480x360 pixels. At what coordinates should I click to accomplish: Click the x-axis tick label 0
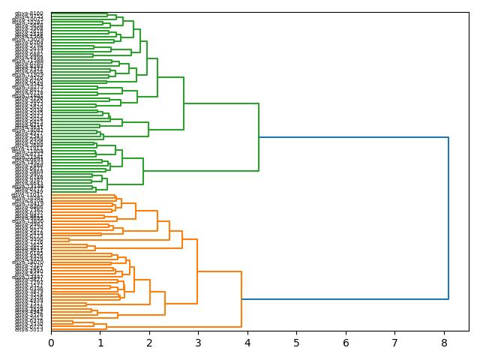click(51, 343)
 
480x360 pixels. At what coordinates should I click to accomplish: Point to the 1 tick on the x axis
click(100, 343)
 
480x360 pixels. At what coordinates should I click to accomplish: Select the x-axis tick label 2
click(149, 343)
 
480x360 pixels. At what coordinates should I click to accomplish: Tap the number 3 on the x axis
click(199, 343)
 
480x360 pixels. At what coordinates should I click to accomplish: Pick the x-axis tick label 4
click(247, 343)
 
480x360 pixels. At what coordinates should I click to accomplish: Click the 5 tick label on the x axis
click(297, 343)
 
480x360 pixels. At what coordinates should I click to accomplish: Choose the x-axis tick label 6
click(346, 343)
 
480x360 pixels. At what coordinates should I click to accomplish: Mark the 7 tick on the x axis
click(395, 343)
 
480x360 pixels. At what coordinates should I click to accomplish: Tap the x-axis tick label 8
click(444, 343)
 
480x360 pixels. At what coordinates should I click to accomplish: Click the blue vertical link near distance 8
click(448, 217)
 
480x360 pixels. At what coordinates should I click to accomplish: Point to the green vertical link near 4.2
click(259, 137)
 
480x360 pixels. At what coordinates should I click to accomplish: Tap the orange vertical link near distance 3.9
click(241, 299)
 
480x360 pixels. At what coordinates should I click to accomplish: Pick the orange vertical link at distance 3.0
click(197, 271)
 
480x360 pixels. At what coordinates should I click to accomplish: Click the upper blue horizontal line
click(352, 137)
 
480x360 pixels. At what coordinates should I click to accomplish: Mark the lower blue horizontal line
click(345, 299)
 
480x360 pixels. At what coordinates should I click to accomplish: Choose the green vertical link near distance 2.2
click(157, 77)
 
